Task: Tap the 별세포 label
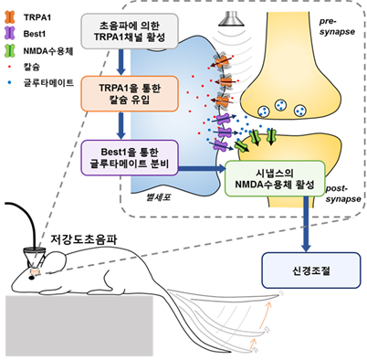tap(145, 194)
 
